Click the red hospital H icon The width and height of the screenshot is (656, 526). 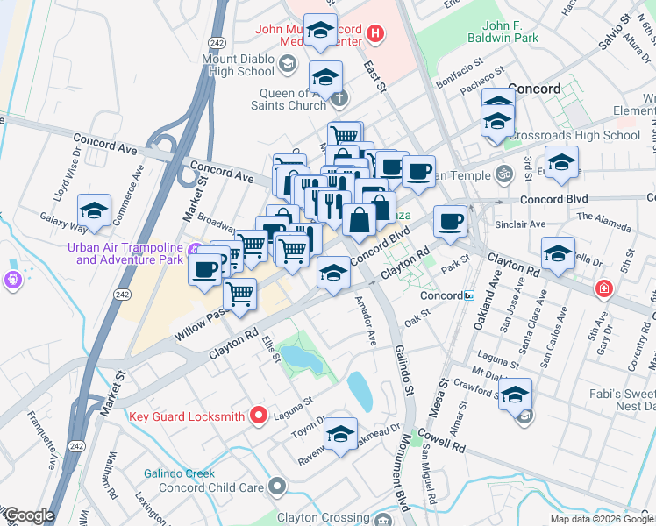pos(375,34)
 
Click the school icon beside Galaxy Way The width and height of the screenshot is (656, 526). pos(94,211)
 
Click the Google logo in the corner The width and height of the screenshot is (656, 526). pos(28,515)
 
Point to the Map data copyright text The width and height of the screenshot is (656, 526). pos(602,519)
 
